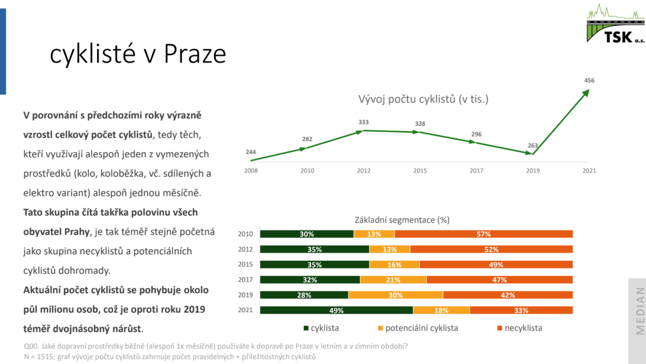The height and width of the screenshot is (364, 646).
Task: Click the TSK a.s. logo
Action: pyautogui.click(x=616, y=23)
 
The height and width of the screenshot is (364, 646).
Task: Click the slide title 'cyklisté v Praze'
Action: pyautogui.click(x=138, y=54)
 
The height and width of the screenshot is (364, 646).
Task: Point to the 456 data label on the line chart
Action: pyautogui.click(x=589, y=80)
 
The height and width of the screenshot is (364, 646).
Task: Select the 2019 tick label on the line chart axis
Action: pyautogui.click(x=533, y=171)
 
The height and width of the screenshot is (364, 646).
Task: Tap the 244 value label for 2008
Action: pyautogui.click(x=250, y=152)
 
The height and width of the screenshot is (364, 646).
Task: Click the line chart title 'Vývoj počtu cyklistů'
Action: pyautogui.click(x=423, y=99)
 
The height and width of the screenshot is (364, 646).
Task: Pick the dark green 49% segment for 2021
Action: pyautogui.click(x=336, y=310)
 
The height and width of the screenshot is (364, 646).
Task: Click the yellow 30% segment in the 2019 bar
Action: pyautogui.click(x=396, y=295)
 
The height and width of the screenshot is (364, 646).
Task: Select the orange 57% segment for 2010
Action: pyautogui.click(x=484, y=234)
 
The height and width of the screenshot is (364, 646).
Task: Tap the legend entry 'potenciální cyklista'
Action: pyautogui.click(x=418, y=328)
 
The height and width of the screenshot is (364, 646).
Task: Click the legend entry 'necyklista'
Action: pyautogui.click(x=520, y=328)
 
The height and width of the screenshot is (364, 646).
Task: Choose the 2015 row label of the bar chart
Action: pyautogui.click(x=245, y=265)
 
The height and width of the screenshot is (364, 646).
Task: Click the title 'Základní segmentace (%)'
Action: pyautogui.click(x=402, y=220)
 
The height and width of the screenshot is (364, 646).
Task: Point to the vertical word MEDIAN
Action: pyautogui.click(x=640, y=311)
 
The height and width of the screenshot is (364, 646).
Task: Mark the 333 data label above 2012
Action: pyautogui.click(x=363, y=122)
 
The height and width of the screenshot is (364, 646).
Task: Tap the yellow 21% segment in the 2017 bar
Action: pyautogui.click(x=393, y=280)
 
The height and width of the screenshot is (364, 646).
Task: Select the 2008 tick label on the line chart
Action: pyautogui.click(x=251, y=171)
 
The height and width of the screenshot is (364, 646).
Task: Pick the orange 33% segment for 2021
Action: pyautogui.click(x=521, y=310)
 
